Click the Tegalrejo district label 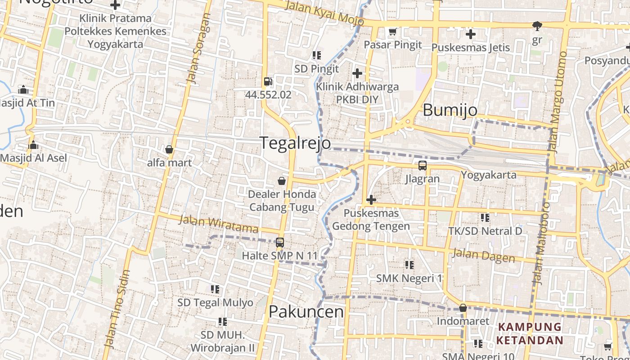[x=295, y=143]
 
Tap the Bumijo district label [x=450, y=110]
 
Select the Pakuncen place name [x=306, y=311]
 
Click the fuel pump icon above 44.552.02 [x=268, y=81]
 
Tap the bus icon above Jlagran [x=422, y=165]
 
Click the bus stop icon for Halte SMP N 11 [x=279, y=243]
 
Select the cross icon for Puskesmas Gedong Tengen [x=371, y=199]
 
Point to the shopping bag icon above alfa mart [x=169, y=149]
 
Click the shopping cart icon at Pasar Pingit [x=392, y=31]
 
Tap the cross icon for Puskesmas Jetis [x=470, y=34]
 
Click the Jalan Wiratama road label [x=219, y=224]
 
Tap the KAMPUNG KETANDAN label [x=530, y=333]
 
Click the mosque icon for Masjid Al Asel [x=33, y=145]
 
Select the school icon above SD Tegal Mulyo [x=215, y=289]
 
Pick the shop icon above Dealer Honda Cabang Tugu [x=282, y=181]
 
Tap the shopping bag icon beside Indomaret [x=463, y=308]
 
